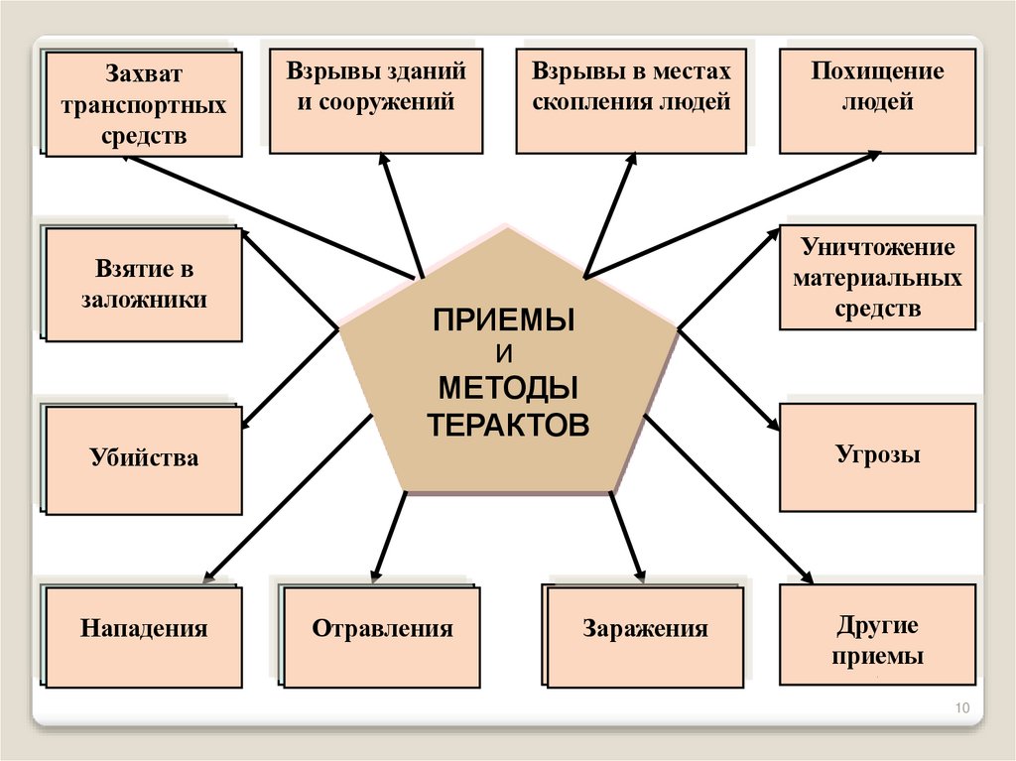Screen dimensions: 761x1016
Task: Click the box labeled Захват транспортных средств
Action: pos(144,103)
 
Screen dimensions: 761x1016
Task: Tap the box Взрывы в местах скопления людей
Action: pos(631,102)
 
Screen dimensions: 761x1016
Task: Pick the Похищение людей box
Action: pos(877,102)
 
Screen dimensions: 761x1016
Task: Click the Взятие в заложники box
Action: pos(144,286)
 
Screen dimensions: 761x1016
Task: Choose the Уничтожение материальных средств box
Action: pos(877,277)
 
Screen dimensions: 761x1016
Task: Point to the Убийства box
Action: pos(144,458)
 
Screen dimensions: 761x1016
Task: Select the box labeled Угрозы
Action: pos(877,456)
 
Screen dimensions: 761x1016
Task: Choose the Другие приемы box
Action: pos(877,635)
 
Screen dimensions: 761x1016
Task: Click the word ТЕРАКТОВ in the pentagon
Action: pos(508,424)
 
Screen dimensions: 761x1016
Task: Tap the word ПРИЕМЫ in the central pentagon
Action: pos(505,322)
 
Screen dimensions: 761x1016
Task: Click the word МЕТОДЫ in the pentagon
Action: pos(508,388)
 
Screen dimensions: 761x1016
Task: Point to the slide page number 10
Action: pos(960,707)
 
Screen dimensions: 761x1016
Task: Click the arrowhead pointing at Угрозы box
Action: pos(774,424)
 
